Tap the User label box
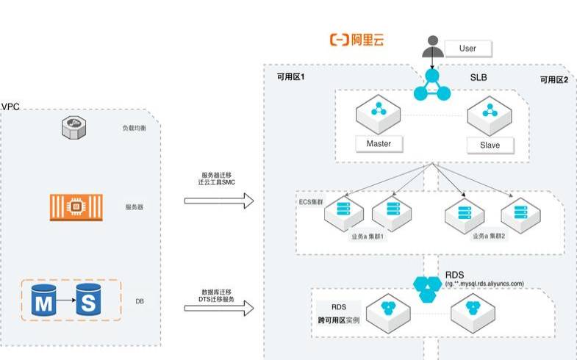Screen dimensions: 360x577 [467, 48]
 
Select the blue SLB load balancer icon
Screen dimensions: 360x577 [431, 84]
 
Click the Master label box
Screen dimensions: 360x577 [379, 143]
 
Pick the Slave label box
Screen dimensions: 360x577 [489, 145]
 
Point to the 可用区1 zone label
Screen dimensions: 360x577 [290, 76]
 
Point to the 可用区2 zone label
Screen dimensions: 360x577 [553, 80]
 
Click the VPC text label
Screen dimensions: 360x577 [10, 107]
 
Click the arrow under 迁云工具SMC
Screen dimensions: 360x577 [218, 201]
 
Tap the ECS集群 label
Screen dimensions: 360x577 [312, 201]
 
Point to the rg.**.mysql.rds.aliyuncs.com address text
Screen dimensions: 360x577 [484, 284]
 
